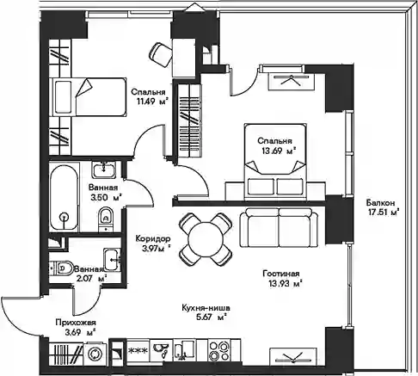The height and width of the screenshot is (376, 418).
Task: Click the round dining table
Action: [206, 238]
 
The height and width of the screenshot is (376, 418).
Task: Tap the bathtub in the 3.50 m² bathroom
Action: [64, 197]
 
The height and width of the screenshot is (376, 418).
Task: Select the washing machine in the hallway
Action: [94, 354]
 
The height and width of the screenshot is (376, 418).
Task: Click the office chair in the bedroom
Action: [161, 54]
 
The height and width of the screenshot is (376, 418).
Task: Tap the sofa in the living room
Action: [280, 228]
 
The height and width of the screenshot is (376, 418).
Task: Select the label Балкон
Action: [380, 203]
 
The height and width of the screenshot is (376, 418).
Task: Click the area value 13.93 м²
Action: [286, 284]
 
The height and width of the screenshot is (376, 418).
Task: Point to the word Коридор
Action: [153, 238]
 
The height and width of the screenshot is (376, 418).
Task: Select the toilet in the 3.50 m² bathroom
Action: [106, 219]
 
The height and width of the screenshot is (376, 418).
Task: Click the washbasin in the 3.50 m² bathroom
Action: [104, 170]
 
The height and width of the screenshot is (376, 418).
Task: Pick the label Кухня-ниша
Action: [206, 308]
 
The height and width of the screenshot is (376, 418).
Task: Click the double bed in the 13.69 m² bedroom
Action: [275, 162]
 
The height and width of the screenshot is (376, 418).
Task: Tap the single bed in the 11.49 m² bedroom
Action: [89, 97]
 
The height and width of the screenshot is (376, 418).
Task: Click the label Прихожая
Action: [76, 323]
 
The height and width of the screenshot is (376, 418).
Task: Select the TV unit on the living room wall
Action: [293, 356]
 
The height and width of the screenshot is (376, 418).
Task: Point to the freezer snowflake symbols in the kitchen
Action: [138, 350]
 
